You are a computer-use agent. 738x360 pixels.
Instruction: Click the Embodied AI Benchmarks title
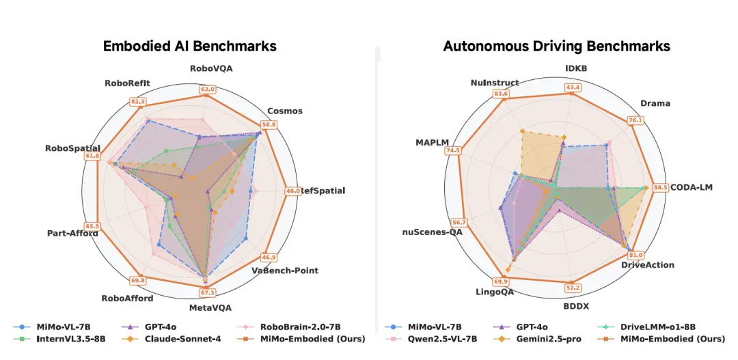pyautogui.click(x=189, y=46)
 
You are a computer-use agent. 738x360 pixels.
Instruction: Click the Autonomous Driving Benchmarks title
pyautogui.click(x=556, y=46)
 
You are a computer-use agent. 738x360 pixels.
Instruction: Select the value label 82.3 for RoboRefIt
pyautogui.click(x=139, y=101)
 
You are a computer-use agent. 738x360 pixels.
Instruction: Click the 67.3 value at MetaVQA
pyautogui.click(x=206, y=293)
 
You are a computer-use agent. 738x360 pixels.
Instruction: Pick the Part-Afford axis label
pyautogui.click(x=72, y=233)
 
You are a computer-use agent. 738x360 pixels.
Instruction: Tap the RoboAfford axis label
pyautogui.click(x=127, y=298)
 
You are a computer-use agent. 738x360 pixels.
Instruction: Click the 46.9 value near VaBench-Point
pyautogui.click(x=269, y=258)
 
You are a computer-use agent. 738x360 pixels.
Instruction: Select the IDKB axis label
pyautogui.click(x=575, y=68)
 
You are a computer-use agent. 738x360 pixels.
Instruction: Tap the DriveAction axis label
pyautogui.click(x=647, y=265)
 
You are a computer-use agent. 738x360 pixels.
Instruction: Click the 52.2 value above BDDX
pyautogui.click(x=573, y=288)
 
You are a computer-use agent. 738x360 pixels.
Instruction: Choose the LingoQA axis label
pyautogui.click(x=495, y=292)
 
